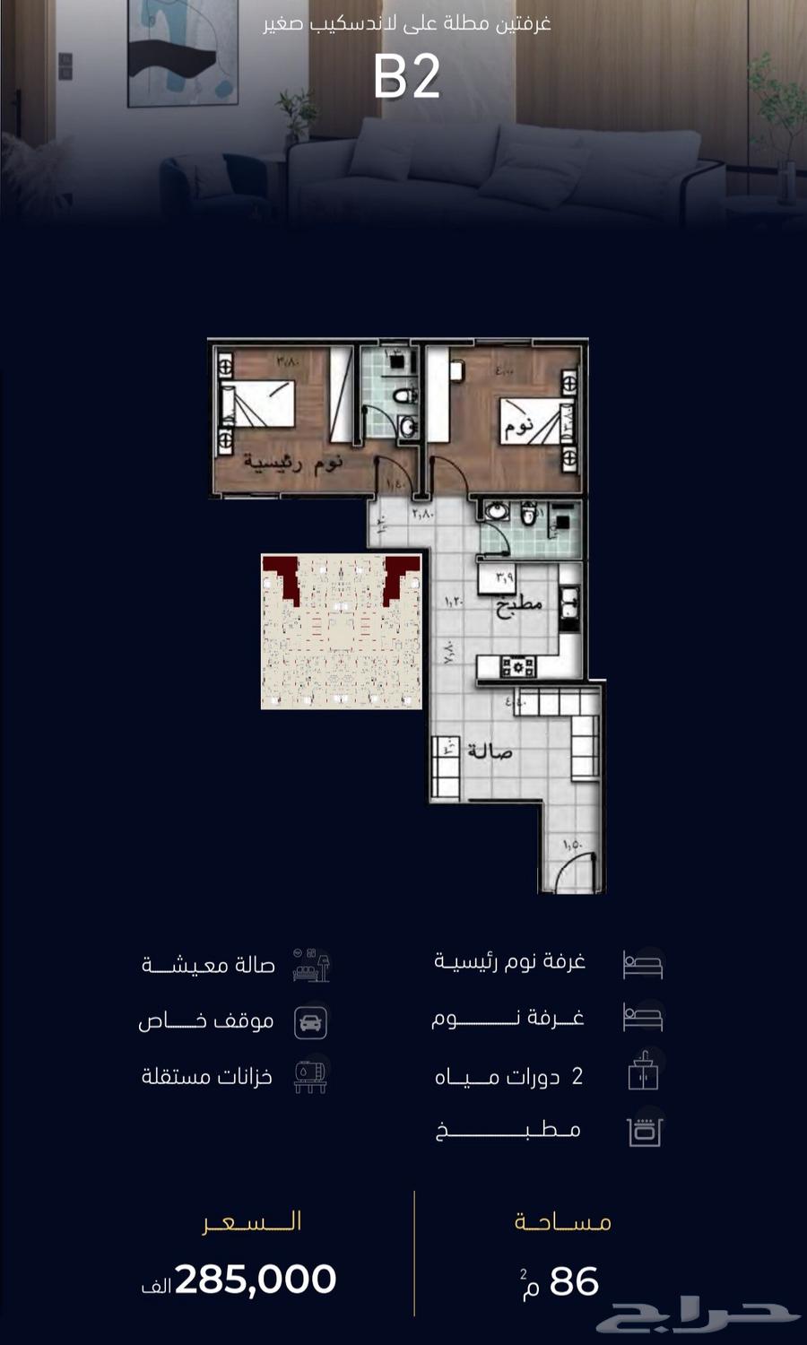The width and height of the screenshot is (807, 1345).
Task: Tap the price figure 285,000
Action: tap(256, 1280)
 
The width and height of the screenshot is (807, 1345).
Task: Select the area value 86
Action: tap(574, 1282)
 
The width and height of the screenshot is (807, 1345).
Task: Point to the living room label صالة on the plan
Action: tap(489, 751)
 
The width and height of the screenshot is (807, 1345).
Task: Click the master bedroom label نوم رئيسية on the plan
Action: tap(292, 463)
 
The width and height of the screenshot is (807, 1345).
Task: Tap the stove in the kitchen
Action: tap(518, 666)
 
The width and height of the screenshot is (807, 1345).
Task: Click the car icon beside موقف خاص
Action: tap(311, 1021)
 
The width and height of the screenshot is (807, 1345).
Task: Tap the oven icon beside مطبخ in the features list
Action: tap(643, 1131)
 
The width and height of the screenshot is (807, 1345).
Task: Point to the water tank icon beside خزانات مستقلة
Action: tap(310, 1075)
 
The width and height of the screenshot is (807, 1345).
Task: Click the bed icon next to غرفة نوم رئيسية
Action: tap(643, 964)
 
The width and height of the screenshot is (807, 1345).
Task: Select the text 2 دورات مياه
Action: tap(508, 1076)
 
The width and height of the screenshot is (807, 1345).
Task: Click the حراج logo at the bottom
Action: tap(699, 1317)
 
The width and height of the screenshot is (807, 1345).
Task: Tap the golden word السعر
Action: tap(252, 1222)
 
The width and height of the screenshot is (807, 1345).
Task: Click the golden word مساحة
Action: tap(562, 1222)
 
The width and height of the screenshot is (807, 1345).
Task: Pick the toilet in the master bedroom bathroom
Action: tap(406, 395)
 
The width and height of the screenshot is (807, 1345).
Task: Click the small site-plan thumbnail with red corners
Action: tap(341, 631)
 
